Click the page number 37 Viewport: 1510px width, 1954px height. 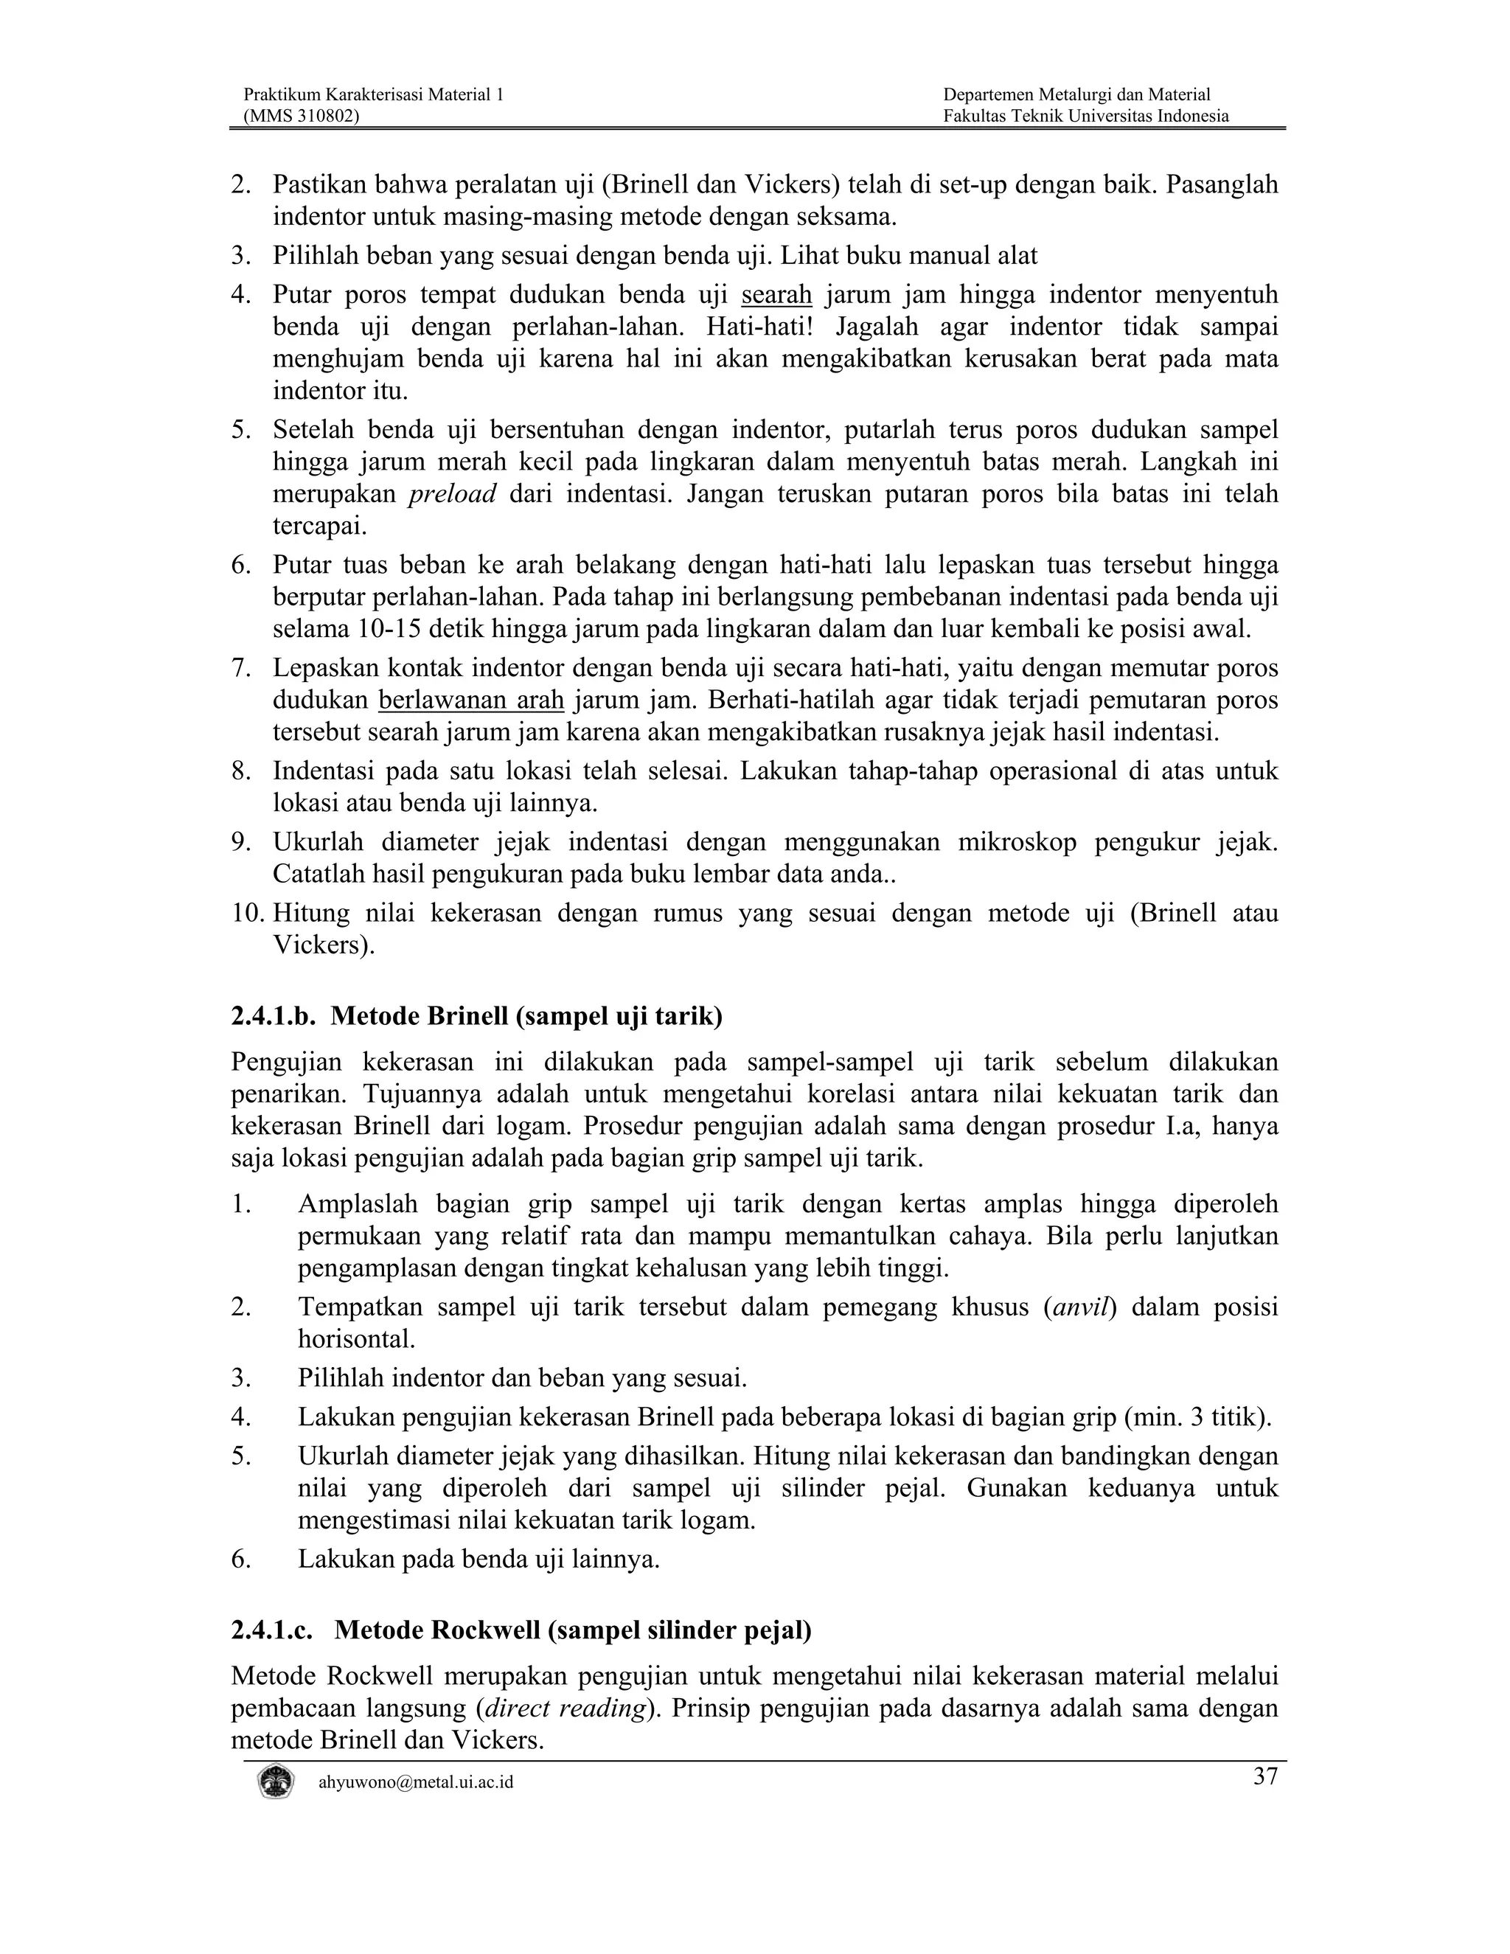coord(1265,1776)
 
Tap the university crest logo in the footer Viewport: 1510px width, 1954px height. coord(276,1781)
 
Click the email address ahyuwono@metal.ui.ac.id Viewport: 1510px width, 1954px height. coord(416,1782)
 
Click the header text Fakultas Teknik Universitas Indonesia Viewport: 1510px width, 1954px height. coord(1086,116)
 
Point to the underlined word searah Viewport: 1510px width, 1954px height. coord(776,294)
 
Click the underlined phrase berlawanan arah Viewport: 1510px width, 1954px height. coord(471,700)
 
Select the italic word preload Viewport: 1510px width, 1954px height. coord(452,495)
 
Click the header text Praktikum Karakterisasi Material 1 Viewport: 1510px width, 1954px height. coord(373,95)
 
